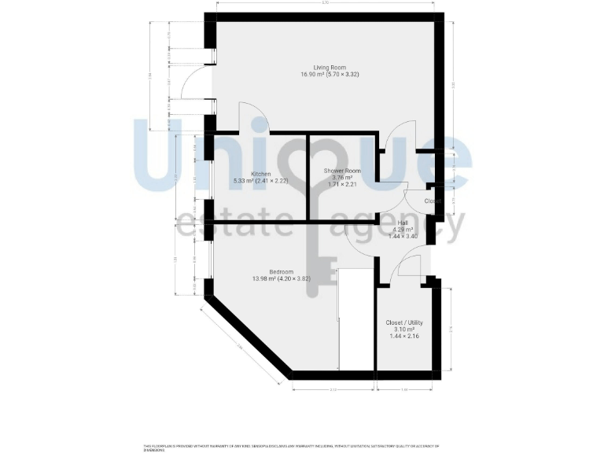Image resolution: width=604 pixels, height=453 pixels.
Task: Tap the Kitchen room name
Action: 261,174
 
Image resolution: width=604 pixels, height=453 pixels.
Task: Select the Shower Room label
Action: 342,171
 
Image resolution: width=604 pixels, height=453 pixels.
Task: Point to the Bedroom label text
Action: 271,272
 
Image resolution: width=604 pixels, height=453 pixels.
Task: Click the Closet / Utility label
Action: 404,322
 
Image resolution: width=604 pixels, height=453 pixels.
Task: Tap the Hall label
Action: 403,223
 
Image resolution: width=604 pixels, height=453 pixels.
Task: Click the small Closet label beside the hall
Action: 432,201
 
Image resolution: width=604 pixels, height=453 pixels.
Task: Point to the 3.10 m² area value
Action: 404,329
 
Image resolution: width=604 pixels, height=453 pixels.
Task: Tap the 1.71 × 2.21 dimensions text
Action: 342,185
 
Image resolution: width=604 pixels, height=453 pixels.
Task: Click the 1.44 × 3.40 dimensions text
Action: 403,236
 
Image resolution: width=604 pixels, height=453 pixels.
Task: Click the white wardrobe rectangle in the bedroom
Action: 355,319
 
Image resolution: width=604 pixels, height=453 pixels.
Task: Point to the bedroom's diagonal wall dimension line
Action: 240,346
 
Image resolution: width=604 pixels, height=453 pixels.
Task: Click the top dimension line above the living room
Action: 324,6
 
